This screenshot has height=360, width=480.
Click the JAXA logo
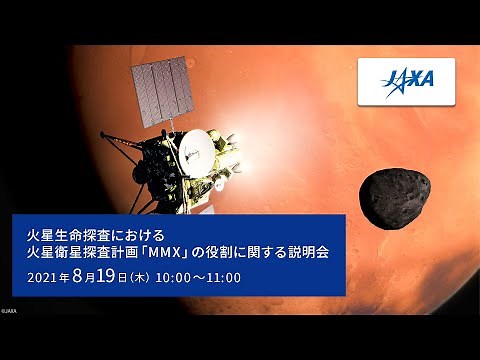[405, 81]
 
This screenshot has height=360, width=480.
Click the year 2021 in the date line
[43, 274]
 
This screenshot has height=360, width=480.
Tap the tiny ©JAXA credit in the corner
[9, 311]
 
